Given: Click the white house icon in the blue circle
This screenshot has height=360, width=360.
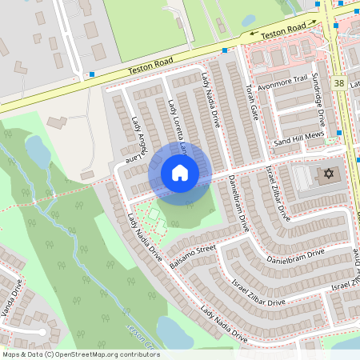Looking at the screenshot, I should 180,172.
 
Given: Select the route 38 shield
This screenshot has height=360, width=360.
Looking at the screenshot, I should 340,83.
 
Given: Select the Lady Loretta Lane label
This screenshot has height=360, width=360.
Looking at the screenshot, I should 179,125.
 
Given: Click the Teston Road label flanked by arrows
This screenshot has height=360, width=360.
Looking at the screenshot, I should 285,30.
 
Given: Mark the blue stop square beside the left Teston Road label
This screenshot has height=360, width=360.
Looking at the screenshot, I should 93,74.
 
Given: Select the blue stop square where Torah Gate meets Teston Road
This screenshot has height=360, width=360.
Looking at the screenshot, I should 224,50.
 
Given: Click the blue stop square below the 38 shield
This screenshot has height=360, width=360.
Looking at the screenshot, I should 340,132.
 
